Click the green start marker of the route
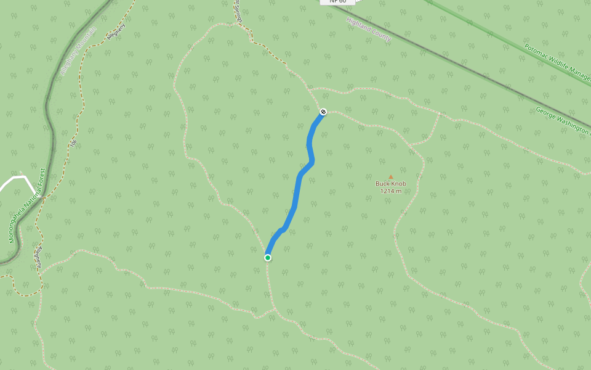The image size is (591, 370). (268, 258)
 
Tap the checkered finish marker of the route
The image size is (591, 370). (323, 112)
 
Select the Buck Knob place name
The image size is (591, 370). (390, 183)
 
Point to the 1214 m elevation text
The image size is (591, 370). (390, 191)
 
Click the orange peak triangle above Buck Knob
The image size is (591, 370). (390, 176)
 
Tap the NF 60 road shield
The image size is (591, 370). (338, 2)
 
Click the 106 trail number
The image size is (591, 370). (73, 143)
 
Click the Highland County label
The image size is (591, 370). (369, 30)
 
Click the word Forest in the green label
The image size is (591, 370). (42, 178)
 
